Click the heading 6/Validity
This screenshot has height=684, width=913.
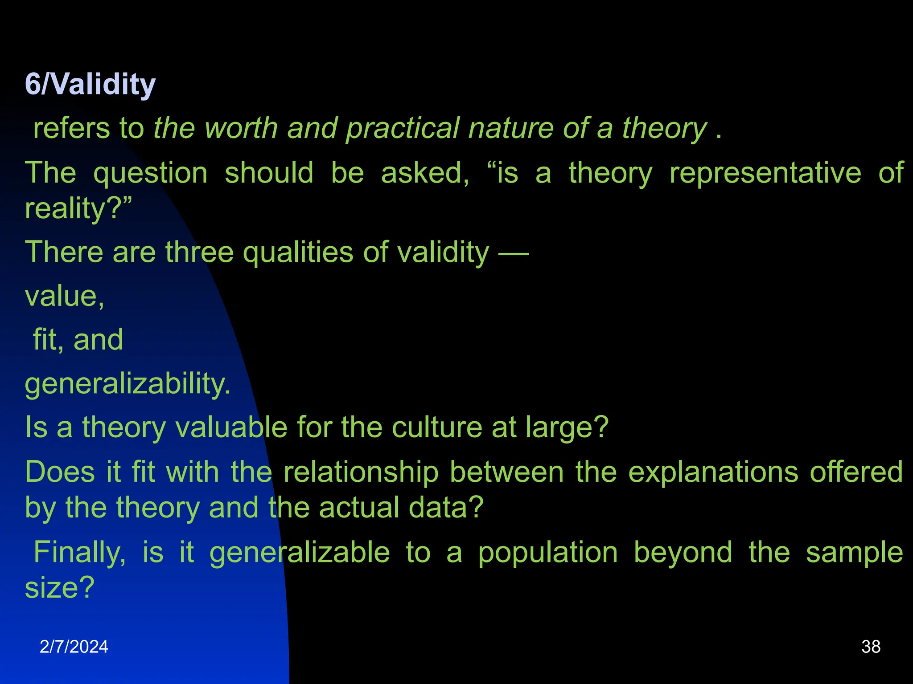90,84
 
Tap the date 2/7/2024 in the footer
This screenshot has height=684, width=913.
74,647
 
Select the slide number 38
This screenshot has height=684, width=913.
871,647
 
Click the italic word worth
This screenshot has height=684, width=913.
241,128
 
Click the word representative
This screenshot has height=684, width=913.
765,173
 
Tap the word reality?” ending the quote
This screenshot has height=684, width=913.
78,208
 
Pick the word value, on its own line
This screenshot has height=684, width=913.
65,296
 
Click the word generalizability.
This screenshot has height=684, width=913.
127,384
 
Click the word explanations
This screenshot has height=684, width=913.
713,472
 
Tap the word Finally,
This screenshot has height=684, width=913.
79,552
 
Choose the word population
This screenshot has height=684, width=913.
548,553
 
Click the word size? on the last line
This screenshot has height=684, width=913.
59,588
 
